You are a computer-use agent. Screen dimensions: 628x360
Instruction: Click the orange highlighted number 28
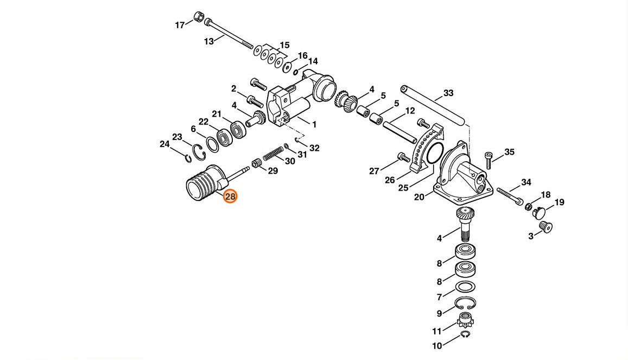click(230, 196)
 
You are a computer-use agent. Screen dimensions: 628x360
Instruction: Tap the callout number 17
click(180, 25)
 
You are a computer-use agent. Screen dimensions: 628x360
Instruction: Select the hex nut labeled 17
click(198, 17)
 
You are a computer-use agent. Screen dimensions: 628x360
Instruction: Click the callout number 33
click(448, 93)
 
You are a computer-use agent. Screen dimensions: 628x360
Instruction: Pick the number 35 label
click(509, 152)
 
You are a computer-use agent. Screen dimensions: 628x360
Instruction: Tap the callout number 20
click(419, 197)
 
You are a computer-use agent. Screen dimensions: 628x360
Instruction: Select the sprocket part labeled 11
click(466, 320)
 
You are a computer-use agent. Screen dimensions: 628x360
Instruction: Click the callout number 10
click(437, 345)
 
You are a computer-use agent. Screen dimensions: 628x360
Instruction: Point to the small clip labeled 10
click(465, 334)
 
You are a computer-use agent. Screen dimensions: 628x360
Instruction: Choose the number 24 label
click(164, 144)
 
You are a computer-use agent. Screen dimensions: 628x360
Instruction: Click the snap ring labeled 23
click(199, 153)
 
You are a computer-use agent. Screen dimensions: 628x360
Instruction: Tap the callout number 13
click(208, 41)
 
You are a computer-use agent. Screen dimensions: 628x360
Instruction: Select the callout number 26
click(390, 180)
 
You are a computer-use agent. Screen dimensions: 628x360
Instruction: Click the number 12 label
click(410, 111)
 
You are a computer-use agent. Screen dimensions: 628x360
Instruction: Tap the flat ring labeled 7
click(466, 287)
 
